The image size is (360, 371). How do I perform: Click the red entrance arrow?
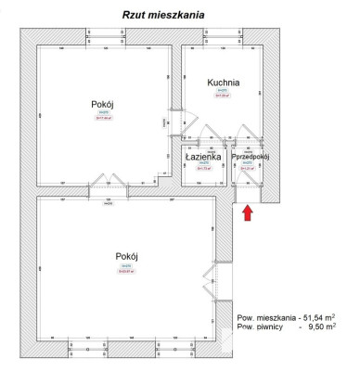click(x=247, y=213)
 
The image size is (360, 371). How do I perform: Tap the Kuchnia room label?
click(x=223, y=83)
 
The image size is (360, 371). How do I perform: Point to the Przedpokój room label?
click(x=248, y=157)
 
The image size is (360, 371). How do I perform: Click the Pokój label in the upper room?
click(x=102, y=104)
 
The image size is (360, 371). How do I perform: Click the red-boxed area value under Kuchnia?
click(x=223, y=95)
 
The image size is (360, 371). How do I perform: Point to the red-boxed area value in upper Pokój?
click(x=102, y=118)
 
